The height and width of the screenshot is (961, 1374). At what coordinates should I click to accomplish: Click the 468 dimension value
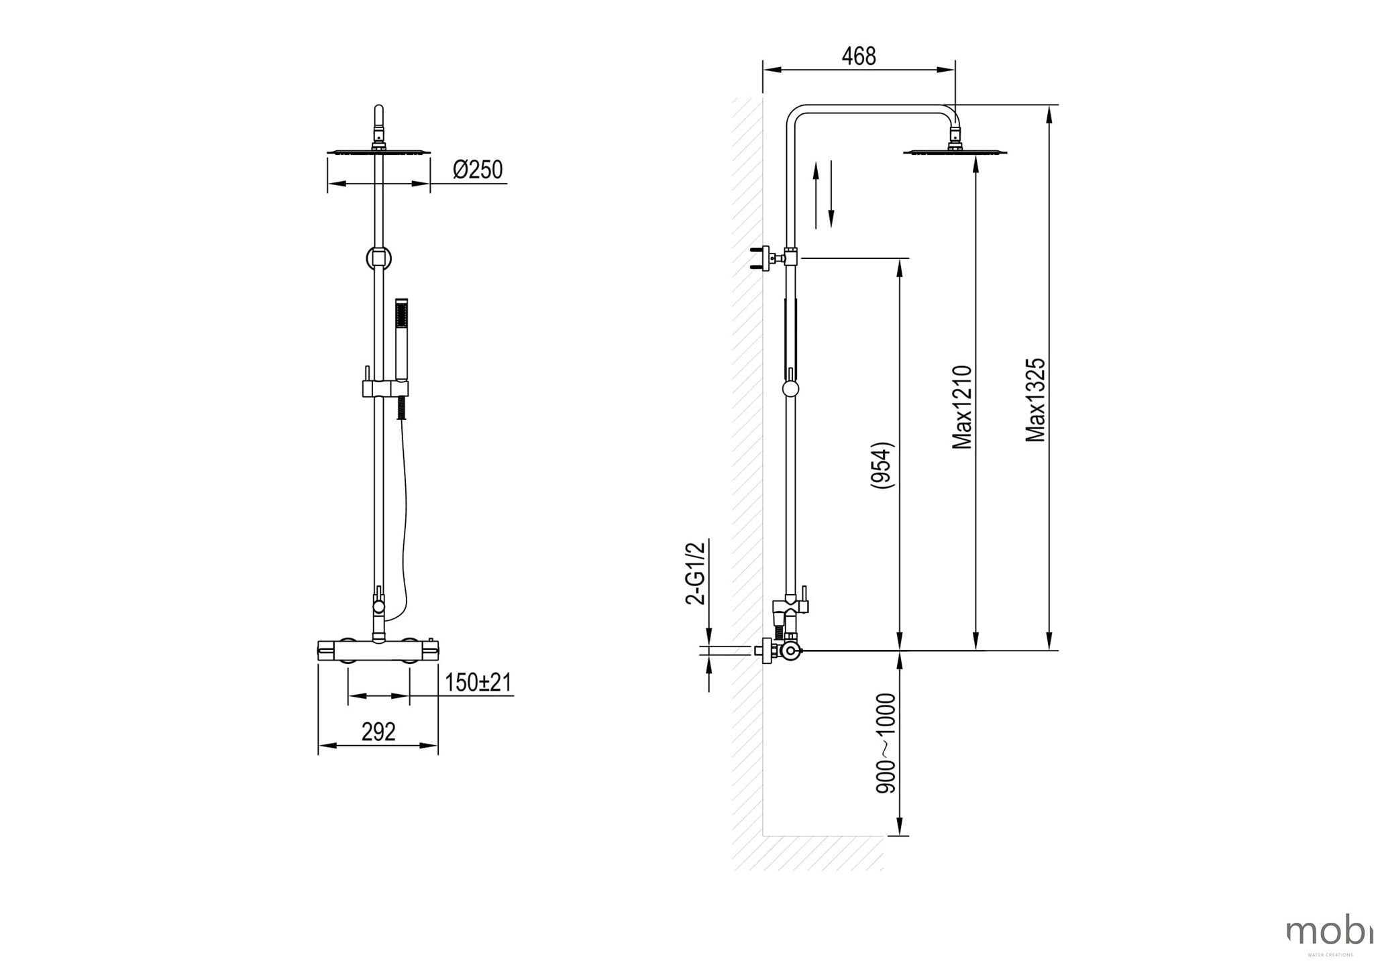tap(859, 56)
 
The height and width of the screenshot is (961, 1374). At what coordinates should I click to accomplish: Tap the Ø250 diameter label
tap(478, 170)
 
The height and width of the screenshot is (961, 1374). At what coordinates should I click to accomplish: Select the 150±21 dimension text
tap(478, 683)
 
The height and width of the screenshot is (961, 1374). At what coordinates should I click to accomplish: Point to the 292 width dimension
tap(378, 732)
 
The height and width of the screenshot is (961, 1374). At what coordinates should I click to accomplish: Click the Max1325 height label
tap(1036, 400)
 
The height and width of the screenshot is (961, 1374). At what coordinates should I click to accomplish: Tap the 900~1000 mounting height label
tap(886, 744)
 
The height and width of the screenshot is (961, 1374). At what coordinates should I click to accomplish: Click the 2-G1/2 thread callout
tap(696, 573)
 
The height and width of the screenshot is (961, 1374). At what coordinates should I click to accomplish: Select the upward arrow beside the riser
tap(816, 194)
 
